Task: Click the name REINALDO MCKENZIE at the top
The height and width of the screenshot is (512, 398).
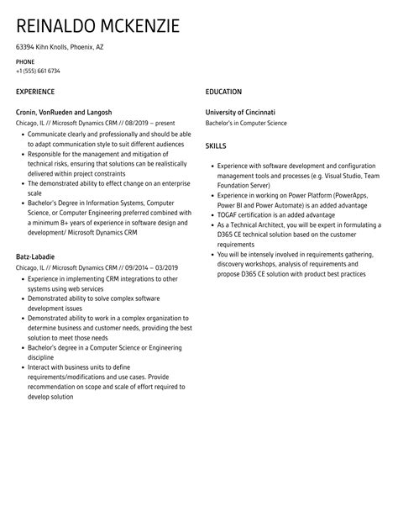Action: click(x=97, y=26)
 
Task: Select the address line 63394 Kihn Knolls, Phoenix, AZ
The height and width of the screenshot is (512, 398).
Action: click(x=60, y=47)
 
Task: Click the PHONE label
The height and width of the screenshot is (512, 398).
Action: click(x=25, y=61)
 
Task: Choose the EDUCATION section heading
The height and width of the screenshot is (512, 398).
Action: click(x=224, y=91)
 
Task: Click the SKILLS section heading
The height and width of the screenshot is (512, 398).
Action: click(x=217, y=145)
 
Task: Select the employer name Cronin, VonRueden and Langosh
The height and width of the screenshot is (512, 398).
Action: click(x=64, y=112)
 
